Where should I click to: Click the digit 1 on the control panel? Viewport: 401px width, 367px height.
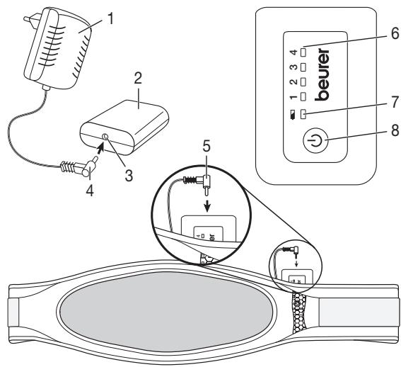click(x=291, y=96)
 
